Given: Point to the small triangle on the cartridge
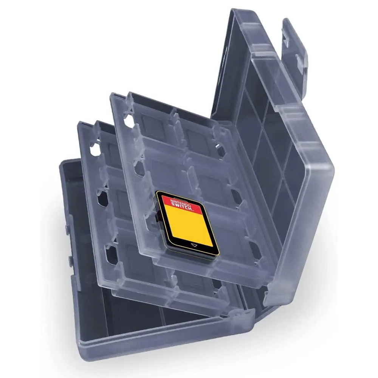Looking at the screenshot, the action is coord(194,245).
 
